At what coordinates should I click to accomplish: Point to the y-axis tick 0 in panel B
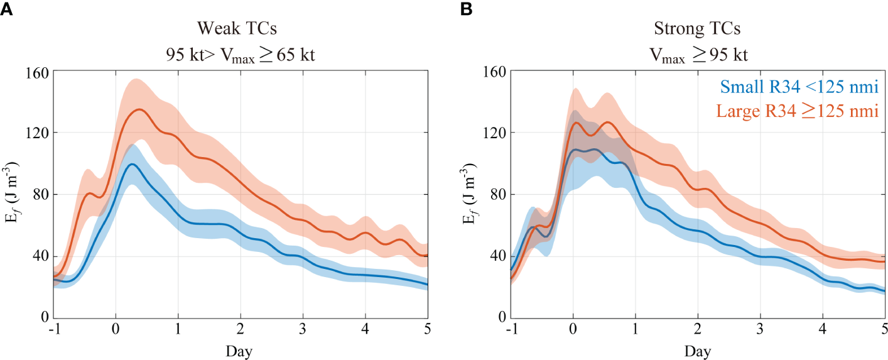pyautogui.click(x=501, y=317)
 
